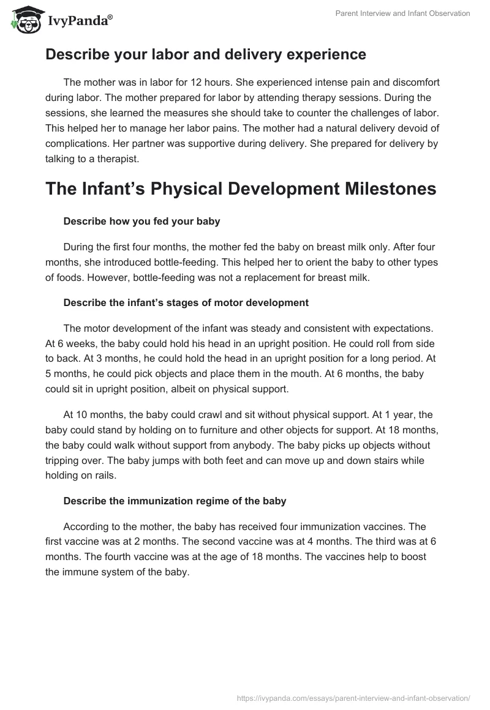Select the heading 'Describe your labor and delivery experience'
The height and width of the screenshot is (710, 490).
pyautogui.click(x=205, y=54)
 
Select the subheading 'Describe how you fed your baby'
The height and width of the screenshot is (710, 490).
pyautogui.click(x=141, y=222)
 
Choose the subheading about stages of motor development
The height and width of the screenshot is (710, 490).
pyautogui.click(x=186, y=302)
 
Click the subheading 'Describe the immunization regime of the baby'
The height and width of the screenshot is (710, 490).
pyautogui.click(x=175, y=501)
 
